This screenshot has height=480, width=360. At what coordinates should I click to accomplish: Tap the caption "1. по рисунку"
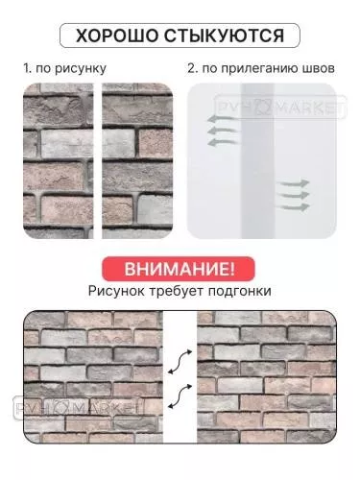(x=64, y=70)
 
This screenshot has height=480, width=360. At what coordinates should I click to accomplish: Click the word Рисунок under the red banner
(x=118, y=289)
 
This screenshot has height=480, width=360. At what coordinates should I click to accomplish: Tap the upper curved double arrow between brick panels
(x=178, y=363)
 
